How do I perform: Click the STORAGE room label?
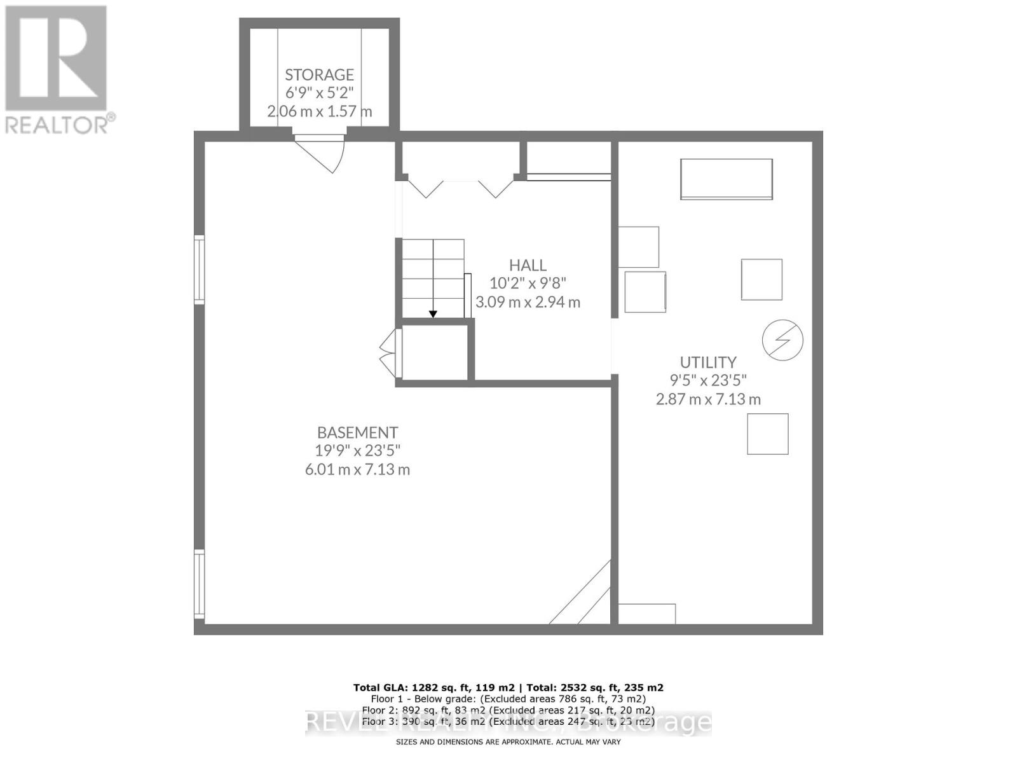[x=319, y=74]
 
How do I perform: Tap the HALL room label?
[x=528, y=265]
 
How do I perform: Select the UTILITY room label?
[x=708, y=362]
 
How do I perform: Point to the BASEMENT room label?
[x=357, y=432]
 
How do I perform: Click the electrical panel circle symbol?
[x=782, y=340]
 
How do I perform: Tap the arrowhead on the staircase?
[x=433, y=313]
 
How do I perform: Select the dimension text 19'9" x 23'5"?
[x=357, y=451]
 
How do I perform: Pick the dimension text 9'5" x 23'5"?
[x=708, y=380]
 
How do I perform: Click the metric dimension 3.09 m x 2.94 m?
[x=528, y=302]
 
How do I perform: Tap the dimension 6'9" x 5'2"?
[x=319, y=93]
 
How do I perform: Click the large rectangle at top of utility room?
[x=727, y=179]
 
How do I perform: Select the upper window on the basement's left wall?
[x=200, y=268]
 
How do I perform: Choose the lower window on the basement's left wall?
[x=200, y=584]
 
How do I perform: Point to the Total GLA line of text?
[x=508, y=687]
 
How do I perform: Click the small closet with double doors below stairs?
[x=435, y=353]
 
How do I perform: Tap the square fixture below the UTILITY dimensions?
[x=767, y=434]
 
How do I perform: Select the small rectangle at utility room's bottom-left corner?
[x=646, y=614]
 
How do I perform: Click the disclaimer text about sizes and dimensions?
[x=508, y=742]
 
